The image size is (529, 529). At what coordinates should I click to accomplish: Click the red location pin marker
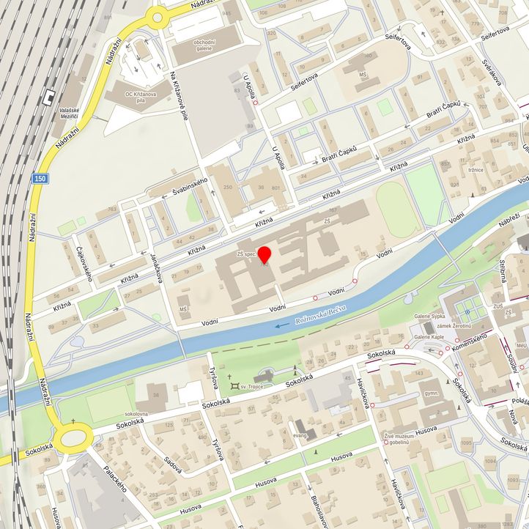(264, 254)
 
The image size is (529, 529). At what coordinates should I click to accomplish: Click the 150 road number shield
(40, 178)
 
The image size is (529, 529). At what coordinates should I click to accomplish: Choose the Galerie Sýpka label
(430, 317)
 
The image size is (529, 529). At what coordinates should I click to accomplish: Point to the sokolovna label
(137, 414)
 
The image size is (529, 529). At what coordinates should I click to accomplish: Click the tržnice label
(480, 170)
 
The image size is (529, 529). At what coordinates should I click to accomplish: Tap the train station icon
(49, 96)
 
